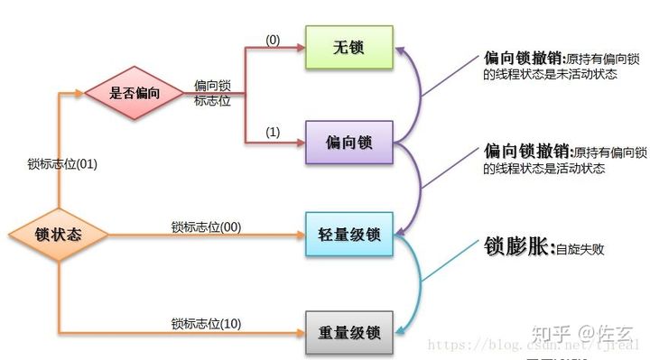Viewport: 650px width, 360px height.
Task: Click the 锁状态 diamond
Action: (59, 235)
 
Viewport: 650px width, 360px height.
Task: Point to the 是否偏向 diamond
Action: (134, 92)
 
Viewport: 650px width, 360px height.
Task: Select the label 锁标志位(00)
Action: (206, 226)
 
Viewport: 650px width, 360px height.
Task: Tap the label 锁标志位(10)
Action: (206, 323)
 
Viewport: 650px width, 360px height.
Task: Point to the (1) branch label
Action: (273, 132)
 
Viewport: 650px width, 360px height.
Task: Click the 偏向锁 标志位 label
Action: (212, 93)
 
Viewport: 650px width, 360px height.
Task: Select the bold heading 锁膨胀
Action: (518, 247)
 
